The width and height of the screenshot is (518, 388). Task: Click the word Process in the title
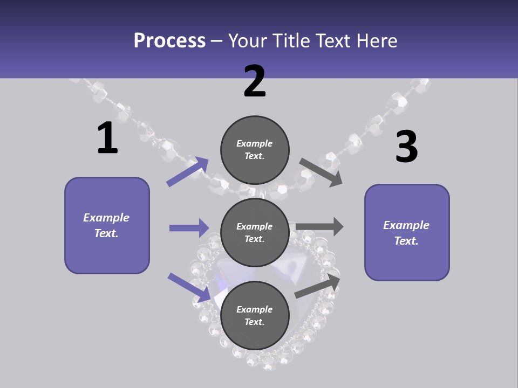point(169,41)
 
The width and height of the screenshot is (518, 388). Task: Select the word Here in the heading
point(377,40)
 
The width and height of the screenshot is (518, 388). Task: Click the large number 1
point(108,137)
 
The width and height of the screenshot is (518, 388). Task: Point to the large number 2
point(254,81)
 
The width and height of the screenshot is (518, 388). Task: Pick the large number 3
point(407,146)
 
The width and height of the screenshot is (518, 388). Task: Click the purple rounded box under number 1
point(107,225)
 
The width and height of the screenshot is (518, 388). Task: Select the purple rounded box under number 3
point(407,233)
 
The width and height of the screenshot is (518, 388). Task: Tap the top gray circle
point(255,150)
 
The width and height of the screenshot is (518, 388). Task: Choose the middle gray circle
point(255,233)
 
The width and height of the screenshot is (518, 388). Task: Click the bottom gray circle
point(255,315)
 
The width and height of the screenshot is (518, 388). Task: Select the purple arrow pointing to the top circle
point(187,171)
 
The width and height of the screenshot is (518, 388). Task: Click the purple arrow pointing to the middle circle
point(189,227)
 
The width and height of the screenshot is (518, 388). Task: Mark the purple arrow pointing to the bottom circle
point(189,288)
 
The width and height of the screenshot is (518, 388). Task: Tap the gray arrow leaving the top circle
point(321,172)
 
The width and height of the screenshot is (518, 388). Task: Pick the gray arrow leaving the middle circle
point(319,226)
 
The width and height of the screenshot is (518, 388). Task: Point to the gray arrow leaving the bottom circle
point(317,286)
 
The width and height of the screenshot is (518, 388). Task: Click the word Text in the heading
point(333,40)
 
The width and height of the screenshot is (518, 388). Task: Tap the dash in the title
point(217,42)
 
